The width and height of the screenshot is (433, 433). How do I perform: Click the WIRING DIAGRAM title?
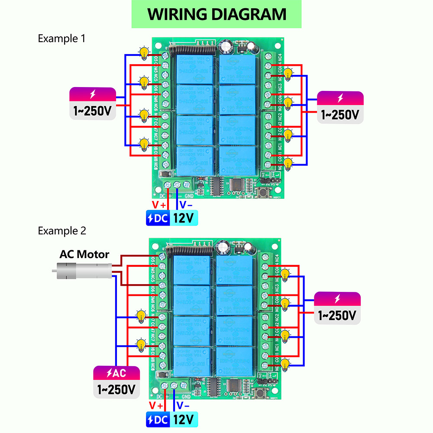click(x=216, y=14)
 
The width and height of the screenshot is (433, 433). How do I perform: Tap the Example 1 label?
click(x=61, y=39)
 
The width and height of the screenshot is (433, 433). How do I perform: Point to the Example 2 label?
click(x=62, y=231)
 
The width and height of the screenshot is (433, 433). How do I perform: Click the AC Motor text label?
click(x=84, y=254)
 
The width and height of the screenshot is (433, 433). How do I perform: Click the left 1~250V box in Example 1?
click(x=93, y=103)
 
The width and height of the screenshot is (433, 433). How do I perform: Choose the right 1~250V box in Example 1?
click(x=340, y=107)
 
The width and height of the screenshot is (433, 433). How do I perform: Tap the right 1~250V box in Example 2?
click(x=337, y=308)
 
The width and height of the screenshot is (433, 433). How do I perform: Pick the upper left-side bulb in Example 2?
click(x=141, y=316)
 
